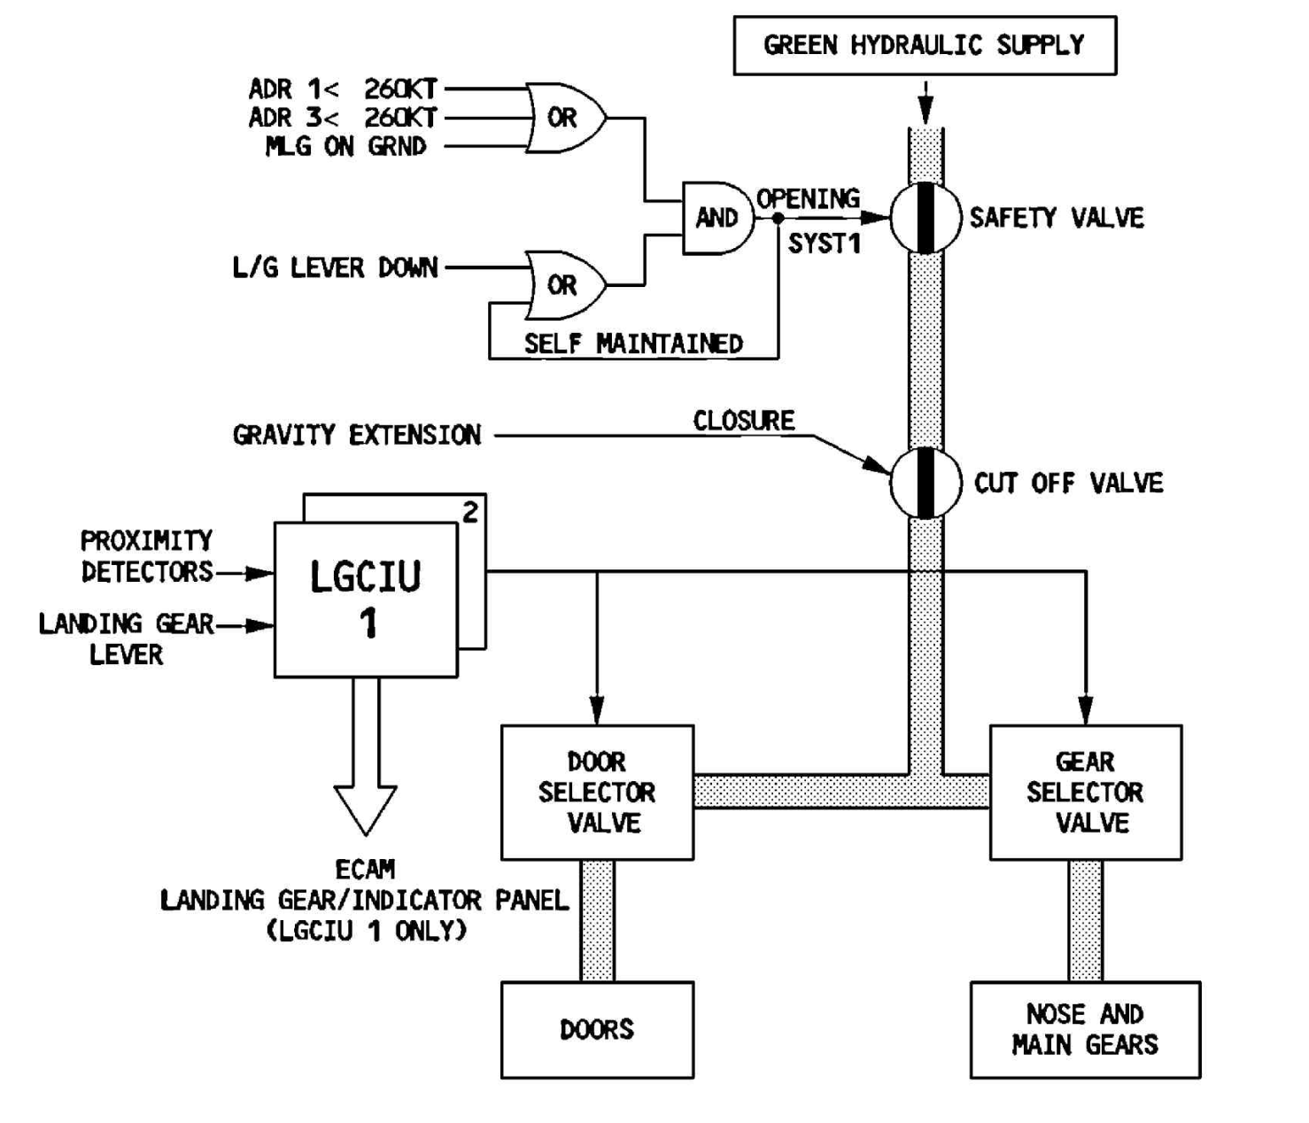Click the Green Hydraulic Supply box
click(x=925, y=45)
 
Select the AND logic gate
click(x=718, y=219)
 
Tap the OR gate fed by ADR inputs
click(x=566, y=118)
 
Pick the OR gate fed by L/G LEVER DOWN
click(x=566, y=285)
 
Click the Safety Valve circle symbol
click(x=926, y=218)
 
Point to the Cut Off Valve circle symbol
click(x=926, y=483)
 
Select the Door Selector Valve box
click(x=597, y=793)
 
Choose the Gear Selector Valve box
click(x=1086, y=793)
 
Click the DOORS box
click(x=597, y=1030)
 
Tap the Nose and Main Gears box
click(x=1086, y=1030)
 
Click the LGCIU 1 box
click(x=366, y=600)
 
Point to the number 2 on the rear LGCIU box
click(x=470, y=512)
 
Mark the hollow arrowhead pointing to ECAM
click(x=366, y=810)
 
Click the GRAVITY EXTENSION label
click(x=357, y=436)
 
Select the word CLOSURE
click(x=743, y=422)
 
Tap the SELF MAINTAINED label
click(x=633, y=344)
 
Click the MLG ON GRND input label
click(x=345, y=147)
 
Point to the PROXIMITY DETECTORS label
click(x=147, y=556)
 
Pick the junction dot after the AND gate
click(x=778, y=219)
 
